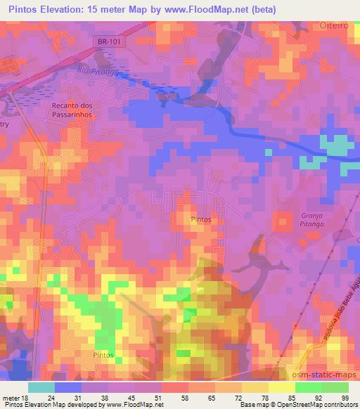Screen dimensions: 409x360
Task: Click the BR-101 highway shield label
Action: (x=108, y=41)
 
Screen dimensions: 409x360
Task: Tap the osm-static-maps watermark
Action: (x=319, y=373)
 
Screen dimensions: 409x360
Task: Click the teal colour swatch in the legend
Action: (x=41, y=387)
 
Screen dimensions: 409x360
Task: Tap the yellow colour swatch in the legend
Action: (x=282, y=387)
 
